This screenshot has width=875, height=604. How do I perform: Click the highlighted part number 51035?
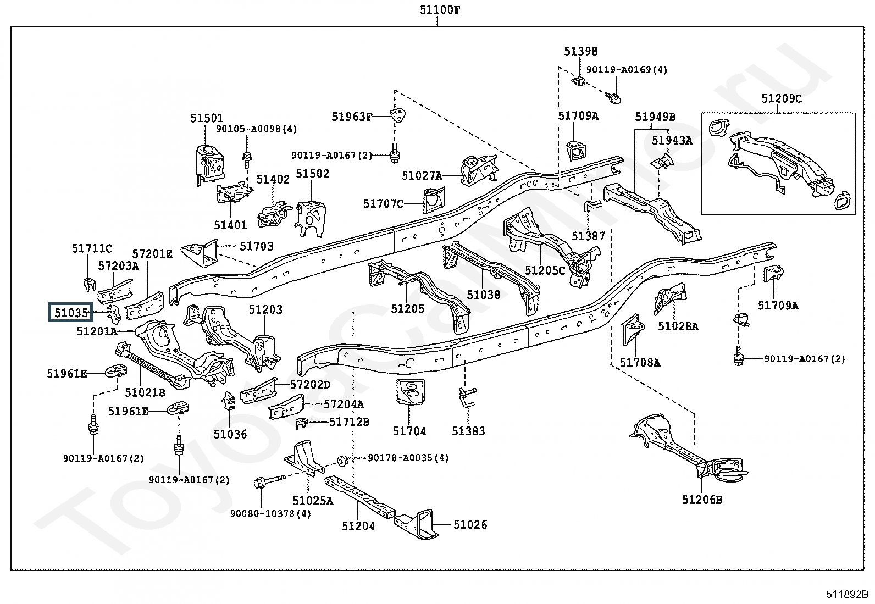point(71,313)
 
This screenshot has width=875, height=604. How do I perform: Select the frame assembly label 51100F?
point(437,9)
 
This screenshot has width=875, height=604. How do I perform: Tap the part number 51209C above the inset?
point(782,98)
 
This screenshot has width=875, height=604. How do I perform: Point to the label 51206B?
point(702,500)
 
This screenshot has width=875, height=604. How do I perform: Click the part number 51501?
point(207,118)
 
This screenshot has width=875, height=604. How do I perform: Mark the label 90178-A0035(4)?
point(408,458)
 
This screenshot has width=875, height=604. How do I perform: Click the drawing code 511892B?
point(847,594)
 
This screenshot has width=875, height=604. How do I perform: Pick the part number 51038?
point(484,295)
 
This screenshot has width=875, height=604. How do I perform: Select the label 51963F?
point(352,117)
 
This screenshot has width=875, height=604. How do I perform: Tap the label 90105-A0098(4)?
point(256,129)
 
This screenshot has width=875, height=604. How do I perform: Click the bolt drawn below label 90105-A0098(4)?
point(247,158)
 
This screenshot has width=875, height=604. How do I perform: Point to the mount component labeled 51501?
point(209,162)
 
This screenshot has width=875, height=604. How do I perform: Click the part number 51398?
point(580,52)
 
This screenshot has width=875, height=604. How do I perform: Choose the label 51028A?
point(678,326)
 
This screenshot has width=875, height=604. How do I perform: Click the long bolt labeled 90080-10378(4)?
point(268,482)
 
